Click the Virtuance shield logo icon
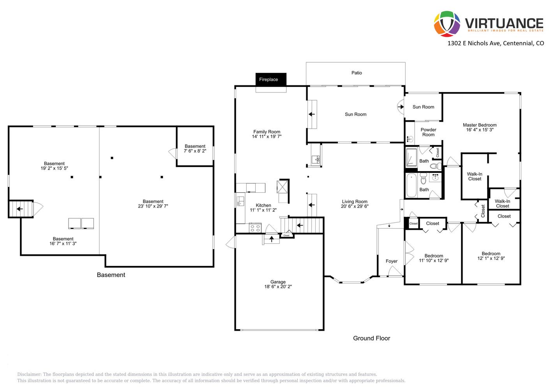pos(447,24)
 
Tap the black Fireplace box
pos(271,79)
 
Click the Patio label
pos(357,73)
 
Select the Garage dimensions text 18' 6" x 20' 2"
pos(278,287)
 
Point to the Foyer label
pos(391,261)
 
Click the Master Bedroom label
pos(479,125)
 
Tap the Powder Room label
pos(428,132)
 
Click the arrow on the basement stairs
pos(19,209)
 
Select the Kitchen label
pos(263,205)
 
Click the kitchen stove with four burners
pos(255,228)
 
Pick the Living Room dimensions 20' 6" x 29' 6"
pos(355,206)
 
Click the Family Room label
pos(267,131)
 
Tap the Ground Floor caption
pos(371,338)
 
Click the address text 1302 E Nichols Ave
pos(474,43)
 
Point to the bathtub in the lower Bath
pos(411,185)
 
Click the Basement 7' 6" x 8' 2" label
pos(195,149)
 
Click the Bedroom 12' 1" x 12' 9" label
pos(491,256)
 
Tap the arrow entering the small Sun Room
pos(401,106)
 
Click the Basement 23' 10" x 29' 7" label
pos(153,204)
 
